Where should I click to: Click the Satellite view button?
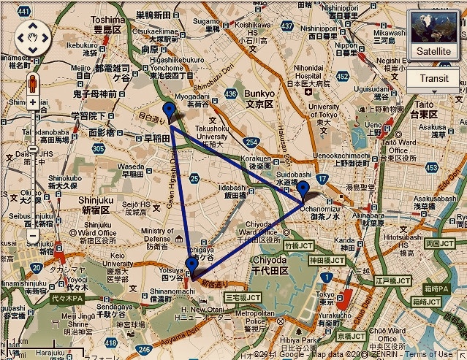click(434, 36)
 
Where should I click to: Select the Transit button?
click(434, 78)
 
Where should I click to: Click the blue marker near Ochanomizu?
click(303, 192)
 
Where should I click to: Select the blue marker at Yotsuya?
click(191, 264)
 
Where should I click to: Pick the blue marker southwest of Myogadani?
click(170, 112)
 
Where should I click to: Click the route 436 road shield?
click(231, 94)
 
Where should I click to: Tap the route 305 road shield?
click(99, 148)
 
